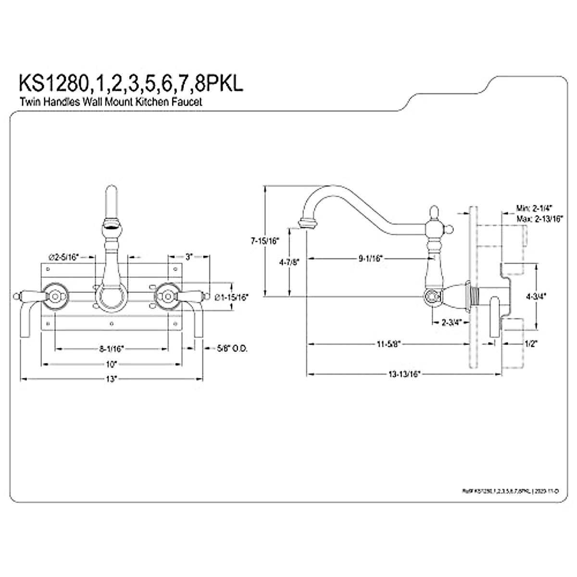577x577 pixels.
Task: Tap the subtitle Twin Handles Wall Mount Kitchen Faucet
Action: (111, 102)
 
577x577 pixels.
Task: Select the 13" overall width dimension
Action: (112, 378)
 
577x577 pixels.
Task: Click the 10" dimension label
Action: (112, 364)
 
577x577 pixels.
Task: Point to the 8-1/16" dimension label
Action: (112, 348)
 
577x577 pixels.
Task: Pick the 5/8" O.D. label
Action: (232, 348)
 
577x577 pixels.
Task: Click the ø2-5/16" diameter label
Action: (64, 257)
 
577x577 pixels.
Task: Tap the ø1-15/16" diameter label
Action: (232, 298)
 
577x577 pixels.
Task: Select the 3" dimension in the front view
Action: (189, 257)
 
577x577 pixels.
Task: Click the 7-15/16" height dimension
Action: (265, 241)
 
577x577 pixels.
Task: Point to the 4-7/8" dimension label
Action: (289, 262)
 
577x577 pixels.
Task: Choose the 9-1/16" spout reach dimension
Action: (370, 259)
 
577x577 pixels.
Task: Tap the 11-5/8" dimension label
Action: (388, 343)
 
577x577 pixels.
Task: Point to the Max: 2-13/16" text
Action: (539, 218)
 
